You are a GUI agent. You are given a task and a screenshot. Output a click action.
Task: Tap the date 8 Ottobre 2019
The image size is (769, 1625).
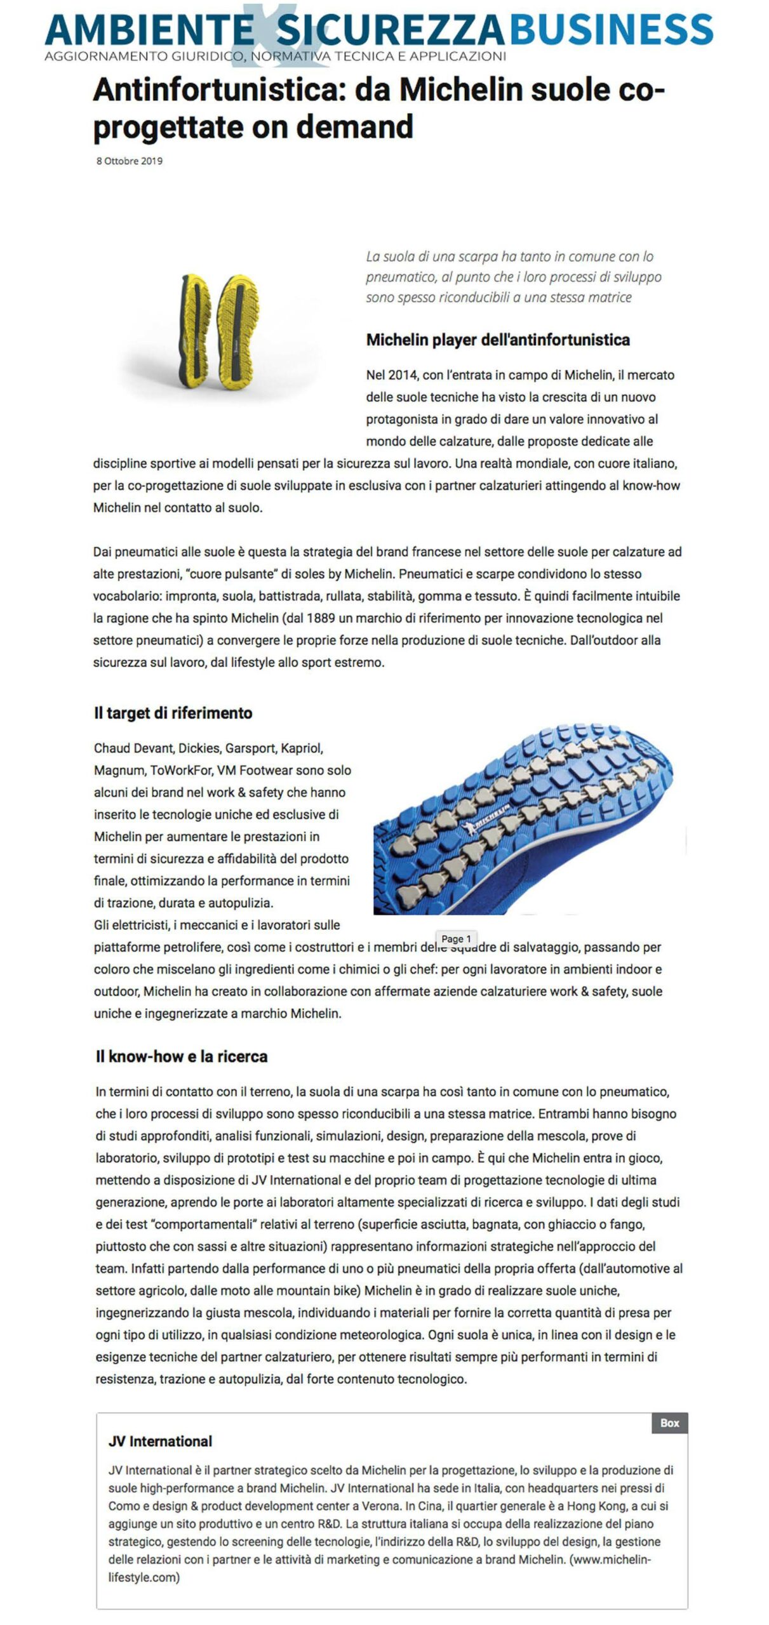click(129, 161)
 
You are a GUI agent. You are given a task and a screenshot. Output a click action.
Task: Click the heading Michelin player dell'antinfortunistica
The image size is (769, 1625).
click(497, 340)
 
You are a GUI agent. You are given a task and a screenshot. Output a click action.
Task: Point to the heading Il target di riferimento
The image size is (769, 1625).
click(173, 713)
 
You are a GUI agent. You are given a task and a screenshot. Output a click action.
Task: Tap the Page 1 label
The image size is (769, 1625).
click(456, 939)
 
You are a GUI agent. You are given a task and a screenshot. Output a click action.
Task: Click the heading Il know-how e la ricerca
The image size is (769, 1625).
click(182, 1056)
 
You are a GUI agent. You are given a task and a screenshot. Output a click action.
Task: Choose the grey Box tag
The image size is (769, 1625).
click(669, 1423)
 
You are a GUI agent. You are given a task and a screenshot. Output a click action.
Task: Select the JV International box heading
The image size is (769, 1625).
click(160, 1441)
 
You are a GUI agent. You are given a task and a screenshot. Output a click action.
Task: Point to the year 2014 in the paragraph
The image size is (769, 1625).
click(401, 375)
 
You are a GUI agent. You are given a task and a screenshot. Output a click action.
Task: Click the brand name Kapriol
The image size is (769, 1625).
click(302, 748)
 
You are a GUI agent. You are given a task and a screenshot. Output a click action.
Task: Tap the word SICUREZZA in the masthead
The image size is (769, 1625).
click(390, 29)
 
